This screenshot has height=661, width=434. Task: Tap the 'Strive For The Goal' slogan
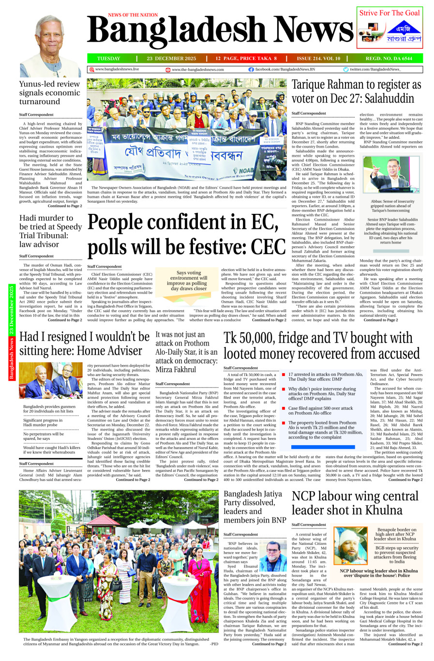pos(389,13)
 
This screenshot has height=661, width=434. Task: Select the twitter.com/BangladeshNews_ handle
pos(374,69)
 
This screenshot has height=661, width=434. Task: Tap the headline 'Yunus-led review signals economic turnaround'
pos(49,92)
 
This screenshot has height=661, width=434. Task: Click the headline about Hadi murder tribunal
pos(50,231)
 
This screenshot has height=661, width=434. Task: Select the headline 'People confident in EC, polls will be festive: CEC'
pos(186,234)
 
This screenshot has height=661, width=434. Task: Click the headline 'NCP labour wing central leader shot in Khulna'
pos(355,503)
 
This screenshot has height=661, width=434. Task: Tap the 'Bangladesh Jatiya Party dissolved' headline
pos(254,507)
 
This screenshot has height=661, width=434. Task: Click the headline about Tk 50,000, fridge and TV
pos(321,346)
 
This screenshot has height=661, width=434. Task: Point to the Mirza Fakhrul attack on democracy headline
pos(186,352)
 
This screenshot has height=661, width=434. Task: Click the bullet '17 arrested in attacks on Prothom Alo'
pos(325,376)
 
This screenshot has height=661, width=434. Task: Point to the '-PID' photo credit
pos(214,644)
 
